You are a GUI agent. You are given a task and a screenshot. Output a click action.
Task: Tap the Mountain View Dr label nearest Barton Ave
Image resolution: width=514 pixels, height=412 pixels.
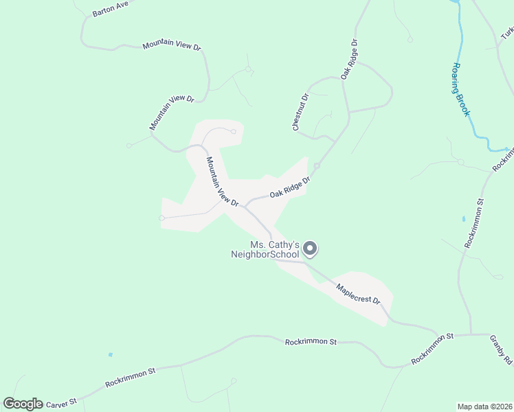point(172,46)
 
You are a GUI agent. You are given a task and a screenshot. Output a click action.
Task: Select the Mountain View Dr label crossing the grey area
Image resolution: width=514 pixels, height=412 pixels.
point(223,182)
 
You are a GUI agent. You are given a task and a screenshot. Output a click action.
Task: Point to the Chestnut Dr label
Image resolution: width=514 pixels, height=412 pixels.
point(301,113)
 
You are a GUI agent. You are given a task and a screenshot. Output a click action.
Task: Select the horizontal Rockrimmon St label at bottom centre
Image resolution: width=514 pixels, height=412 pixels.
point(311,341)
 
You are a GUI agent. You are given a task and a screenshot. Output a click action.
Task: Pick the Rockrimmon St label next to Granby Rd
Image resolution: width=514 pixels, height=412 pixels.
point(433,348)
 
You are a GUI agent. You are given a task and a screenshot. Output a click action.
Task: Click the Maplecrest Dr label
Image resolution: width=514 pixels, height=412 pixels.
point(358,293)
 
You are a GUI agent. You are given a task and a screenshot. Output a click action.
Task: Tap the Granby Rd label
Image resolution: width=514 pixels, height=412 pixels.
point(501,350)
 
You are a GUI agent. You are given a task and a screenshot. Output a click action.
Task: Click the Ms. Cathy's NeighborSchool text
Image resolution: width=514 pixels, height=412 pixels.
point(265,250)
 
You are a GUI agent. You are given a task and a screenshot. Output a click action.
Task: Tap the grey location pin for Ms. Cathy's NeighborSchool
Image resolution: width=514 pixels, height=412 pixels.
point(310,249)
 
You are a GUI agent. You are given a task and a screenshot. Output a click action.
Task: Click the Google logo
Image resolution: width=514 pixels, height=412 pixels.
point(23,404)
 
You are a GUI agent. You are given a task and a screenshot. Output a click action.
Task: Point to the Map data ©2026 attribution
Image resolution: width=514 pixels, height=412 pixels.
point(484,406)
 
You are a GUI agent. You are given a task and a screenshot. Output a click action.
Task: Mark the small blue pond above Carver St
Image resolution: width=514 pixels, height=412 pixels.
point(110,355)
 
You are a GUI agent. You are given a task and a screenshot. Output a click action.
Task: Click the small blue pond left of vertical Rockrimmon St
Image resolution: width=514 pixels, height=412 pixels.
point(464,219)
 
